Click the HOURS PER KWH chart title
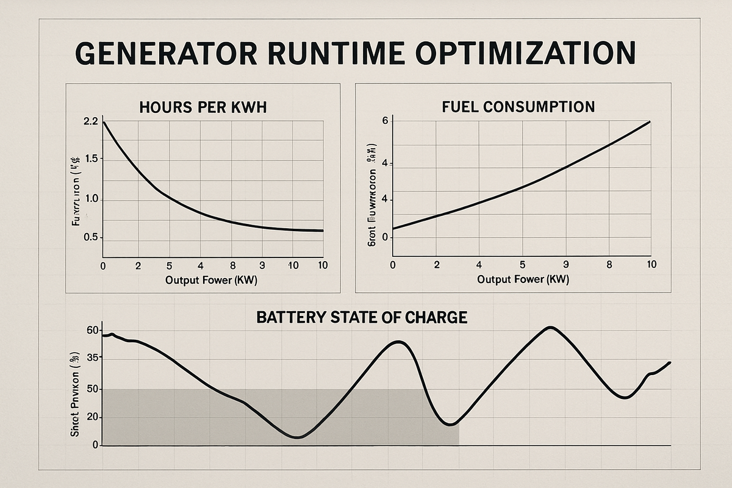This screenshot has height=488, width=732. (203, 107)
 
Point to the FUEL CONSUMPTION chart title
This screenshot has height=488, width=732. (518, 107)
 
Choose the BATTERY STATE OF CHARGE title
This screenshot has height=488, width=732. (362, 317)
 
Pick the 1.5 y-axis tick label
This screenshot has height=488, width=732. (90, 159)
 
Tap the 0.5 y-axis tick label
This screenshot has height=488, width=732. (90, 237)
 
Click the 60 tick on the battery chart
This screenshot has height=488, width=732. (92, 330)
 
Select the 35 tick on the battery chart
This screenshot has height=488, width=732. (92, 360)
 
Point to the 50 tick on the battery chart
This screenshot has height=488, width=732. (92, 389)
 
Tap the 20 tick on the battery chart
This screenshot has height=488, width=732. (92, 417)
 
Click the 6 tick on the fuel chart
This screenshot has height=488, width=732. (385, 121)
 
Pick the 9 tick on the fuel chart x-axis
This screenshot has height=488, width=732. (565, 265)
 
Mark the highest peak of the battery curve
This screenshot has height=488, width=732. (550, 328)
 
